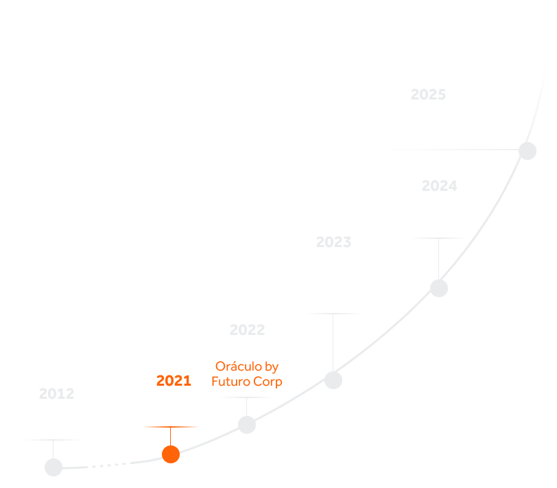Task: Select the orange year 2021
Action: pyautogui.click(x=174, y=381)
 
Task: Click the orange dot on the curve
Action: pyautogui.click(x=171, y=454)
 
